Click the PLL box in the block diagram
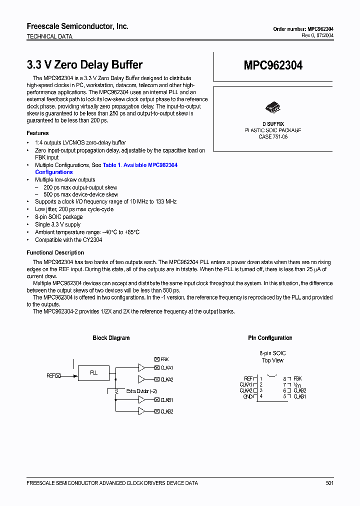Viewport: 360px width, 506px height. (x=93, y=372)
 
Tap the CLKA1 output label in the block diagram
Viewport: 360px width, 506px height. (x=166, y=368)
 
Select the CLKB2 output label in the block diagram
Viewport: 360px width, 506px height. (x=166, y=411)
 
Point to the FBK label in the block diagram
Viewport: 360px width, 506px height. (x=164, y=359)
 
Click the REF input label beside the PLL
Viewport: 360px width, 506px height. (x=50, y=375)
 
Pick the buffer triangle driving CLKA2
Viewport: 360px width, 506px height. (x=141, y=379)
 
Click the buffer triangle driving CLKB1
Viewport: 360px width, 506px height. (x=141, y=399)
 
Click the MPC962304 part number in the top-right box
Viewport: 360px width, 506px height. (x=273, y=65)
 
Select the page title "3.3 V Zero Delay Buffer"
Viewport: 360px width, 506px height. (x=84, y=65)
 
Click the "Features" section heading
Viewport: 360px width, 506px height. (x=37, y=133)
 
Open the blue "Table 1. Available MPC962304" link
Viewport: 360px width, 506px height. (x=140, y=165)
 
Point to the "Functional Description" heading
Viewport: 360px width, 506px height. (x=55, y=252)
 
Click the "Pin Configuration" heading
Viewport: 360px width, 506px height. (x=270, y=338)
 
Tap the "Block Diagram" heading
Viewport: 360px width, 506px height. (x=111, y=338)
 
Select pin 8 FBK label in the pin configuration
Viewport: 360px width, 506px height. (x=297, y=379)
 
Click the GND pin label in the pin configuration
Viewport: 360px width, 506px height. (x=247, y=396)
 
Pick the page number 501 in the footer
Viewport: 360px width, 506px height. (x=329, y=483)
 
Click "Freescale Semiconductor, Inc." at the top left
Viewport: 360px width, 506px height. (x=77, y=26)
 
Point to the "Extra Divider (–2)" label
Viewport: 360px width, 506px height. (x=141, y=391)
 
